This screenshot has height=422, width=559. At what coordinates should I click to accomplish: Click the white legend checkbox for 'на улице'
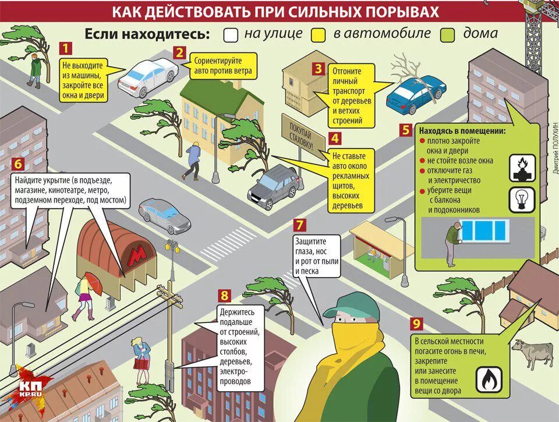tap(231, 34)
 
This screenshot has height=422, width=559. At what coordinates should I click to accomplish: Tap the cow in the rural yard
tap(533, 353)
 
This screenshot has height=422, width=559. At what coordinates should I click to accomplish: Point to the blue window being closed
tap(483, 230)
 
